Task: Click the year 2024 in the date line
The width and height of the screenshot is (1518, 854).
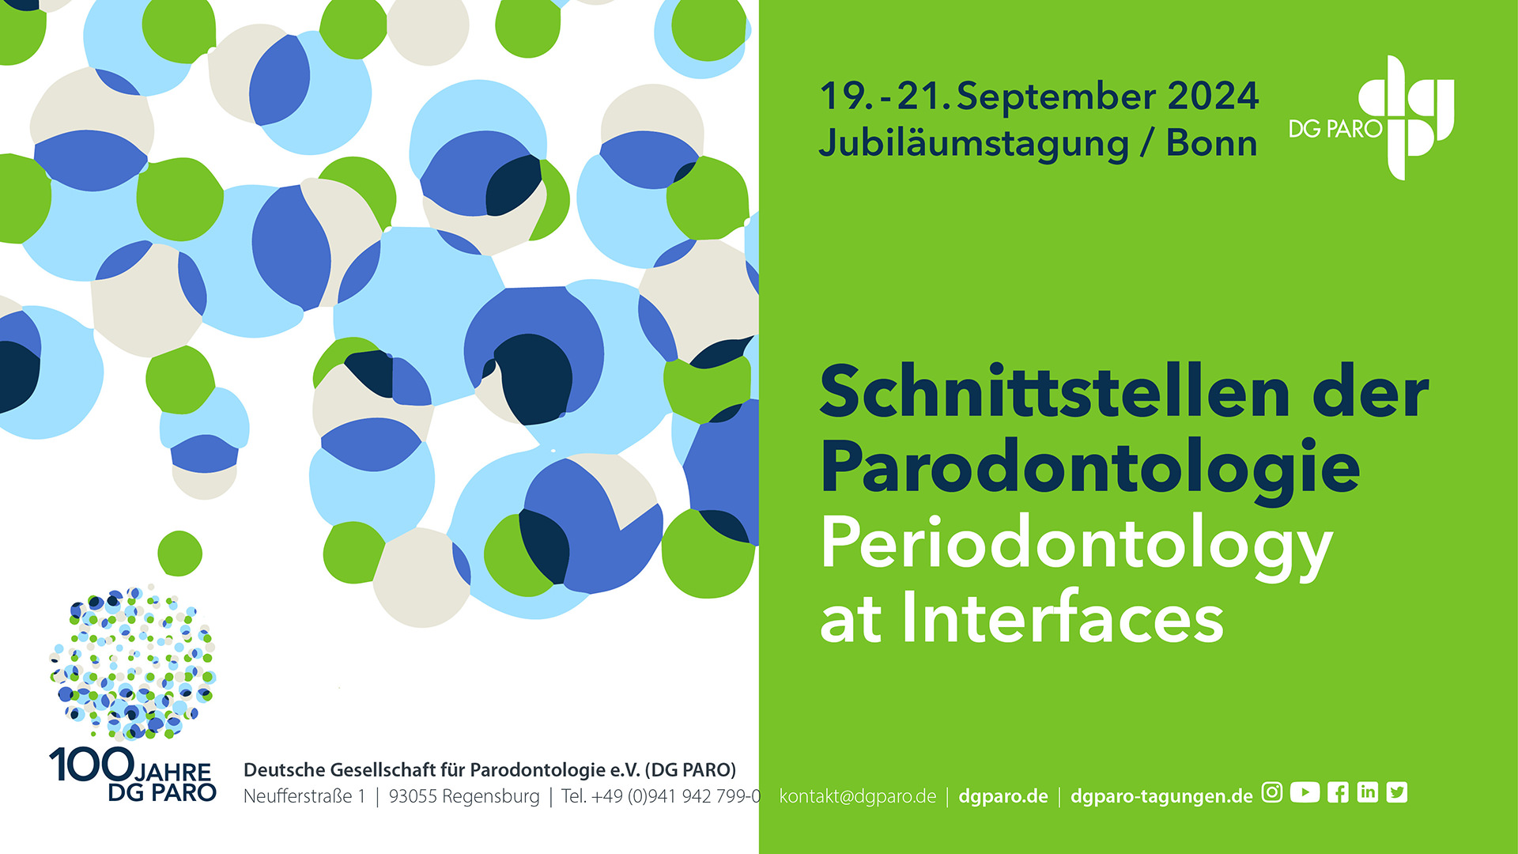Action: pos(1213,96)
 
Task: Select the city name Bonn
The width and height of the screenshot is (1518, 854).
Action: pos(1211,143)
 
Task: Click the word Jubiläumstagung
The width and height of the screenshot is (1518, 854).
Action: pos(974,145)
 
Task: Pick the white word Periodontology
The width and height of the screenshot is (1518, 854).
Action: pos(1077,546)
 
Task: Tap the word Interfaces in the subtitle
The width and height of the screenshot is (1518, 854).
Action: pos(1063,617)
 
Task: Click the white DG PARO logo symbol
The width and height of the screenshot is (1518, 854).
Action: pos(1407,117)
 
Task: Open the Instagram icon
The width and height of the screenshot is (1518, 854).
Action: pos(1272,792)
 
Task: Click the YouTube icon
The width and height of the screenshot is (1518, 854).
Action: pos(1305,792)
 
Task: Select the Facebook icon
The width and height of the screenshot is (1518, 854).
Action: pos(1338,792)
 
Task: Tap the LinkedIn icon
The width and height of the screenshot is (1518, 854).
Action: pos(1368,792)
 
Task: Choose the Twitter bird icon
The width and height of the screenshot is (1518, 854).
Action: pos(1397,792)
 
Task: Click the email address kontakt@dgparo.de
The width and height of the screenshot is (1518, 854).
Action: pos(858,795)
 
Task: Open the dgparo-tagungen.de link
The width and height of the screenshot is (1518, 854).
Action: pos(1161,796)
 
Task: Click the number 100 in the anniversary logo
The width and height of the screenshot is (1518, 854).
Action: pos(92,765)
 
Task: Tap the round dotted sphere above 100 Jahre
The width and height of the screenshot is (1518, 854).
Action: pos(133,663)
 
